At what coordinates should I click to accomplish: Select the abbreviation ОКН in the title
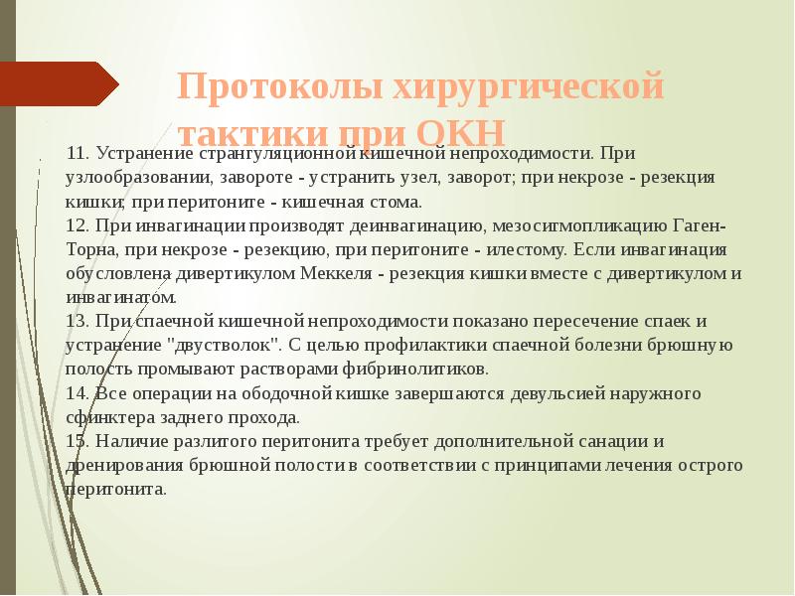click(x=460, y=133)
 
